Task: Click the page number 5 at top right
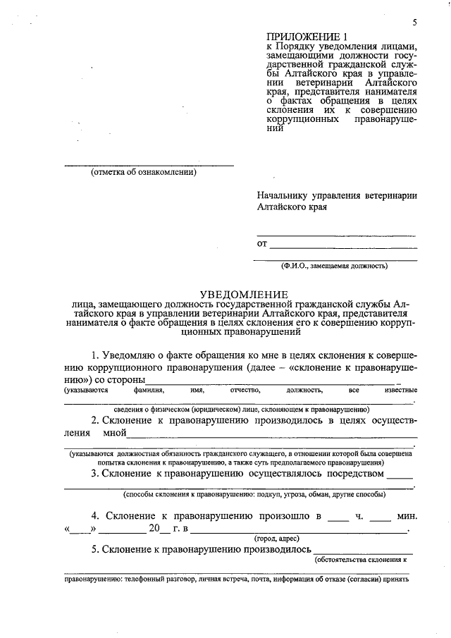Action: [x=415, y=23]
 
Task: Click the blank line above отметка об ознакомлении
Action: [x=149, y=165]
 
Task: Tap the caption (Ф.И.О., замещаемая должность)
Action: [x=334, y=266]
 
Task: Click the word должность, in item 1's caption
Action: [x=304, y=390]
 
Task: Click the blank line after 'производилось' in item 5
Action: [x=363, y=549]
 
